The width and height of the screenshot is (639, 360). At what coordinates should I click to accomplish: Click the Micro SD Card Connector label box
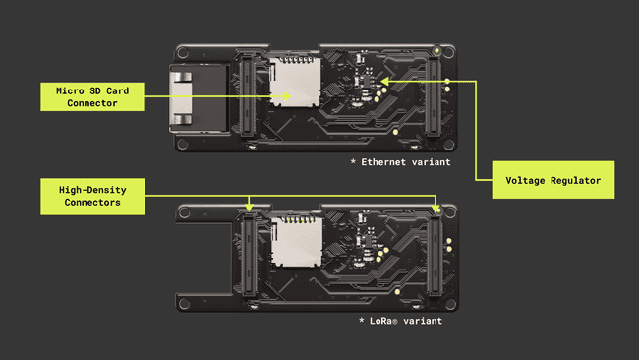tap(91, 96)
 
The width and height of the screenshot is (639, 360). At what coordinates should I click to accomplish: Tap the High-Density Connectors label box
tap(91, 194)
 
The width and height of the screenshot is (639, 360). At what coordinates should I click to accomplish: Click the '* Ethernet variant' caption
tap(400, 161)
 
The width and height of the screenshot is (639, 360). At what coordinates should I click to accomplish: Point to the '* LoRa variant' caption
tap(400, 321)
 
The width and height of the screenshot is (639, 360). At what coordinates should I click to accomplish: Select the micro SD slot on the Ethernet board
tap(292, 86)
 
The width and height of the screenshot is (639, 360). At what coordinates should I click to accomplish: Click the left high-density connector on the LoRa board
tap(250, 258)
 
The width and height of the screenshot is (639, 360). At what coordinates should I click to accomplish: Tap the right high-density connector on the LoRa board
tap(436, 258)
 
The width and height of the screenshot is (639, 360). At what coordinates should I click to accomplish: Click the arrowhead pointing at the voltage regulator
tap(384, 81)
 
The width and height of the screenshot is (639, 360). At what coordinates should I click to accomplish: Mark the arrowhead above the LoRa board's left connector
tap(250, 209)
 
